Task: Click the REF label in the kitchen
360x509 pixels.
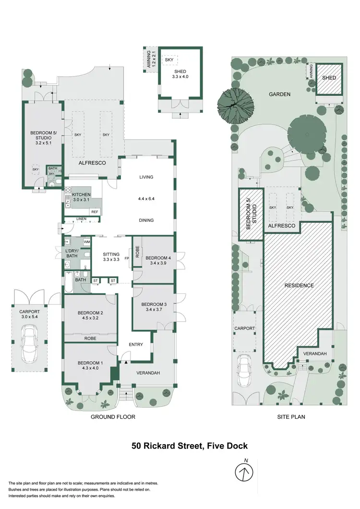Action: (x=95, y=212)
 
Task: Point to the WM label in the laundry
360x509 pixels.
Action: (x=87, y=242)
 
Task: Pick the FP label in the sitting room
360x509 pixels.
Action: (x=127, y=258)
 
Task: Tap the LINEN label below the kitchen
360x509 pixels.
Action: (x=81, y=219)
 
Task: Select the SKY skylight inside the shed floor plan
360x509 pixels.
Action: (x=169, y=60)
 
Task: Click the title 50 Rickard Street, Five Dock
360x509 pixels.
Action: (x=190, y=446)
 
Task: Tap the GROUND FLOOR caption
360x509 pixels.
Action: (x=113, y=417)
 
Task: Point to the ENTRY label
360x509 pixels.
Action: (x=136, y=344)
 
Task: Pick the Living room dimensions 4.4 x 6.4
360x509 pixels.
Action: (x=146, y=198)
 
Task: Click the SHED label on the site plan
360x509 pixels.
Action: (x=329, y=78)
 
